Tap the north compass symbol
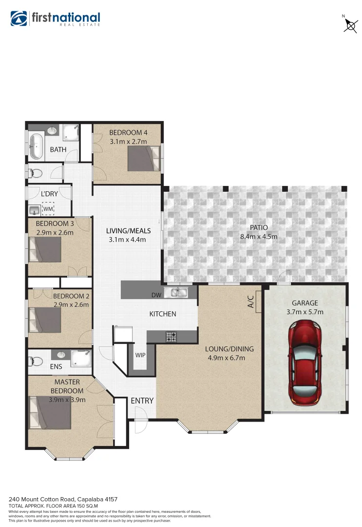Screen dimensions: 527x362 coord(350,24)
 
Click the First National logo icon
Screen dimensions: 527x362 coord(19,18)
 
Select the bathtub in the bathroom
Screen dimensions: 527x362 coord(36,146)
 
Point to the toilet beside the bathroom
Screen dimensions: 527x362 coord(36,172)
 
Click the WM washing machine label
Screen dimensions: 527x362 coord(48,209)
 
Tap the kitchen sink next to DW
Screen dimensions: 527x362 coord(176,293)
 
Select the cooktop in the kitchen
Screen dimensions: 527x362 coord(171,336)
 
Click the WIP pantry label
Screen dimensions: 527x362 coord(140,355)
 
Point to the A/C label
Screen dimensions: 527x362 coord(251,302)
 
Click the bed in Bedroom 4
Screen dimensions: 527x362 coord(144,159)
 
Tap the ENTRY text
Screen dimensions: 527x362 coord(142,401)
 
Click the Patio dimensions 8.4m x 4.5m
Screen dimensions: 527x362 coord(258,237)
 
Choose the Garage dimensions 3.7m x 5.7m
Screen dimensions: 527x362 coord(305,312)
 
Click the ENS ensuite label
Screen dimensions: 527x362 coord(42,366)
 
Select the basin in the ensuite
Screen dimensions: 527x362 coord(62,355)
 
